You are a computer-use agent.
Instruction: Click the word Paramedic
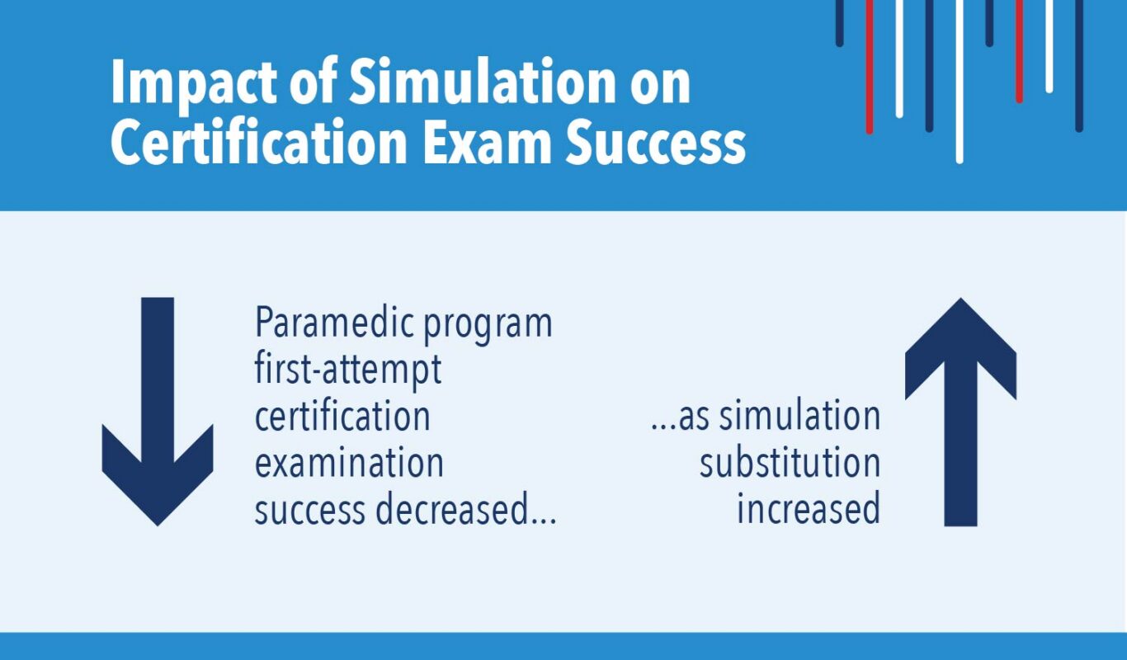point(333,323)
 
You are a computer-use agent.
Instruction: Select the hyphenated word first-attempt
point(348,370)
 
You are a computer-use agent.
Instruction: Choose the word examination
point(348,463)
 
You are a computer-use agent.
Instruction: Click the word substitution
point(790,463)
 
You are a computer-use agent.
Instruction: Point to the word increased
point(808,510)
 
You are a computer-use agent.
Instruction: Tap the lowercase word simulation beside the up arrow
point(799,416)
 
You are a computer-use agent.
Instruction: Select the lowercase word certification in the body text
point(342,416)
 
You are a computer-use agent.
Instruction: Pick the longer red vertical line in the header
point(870,66)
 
